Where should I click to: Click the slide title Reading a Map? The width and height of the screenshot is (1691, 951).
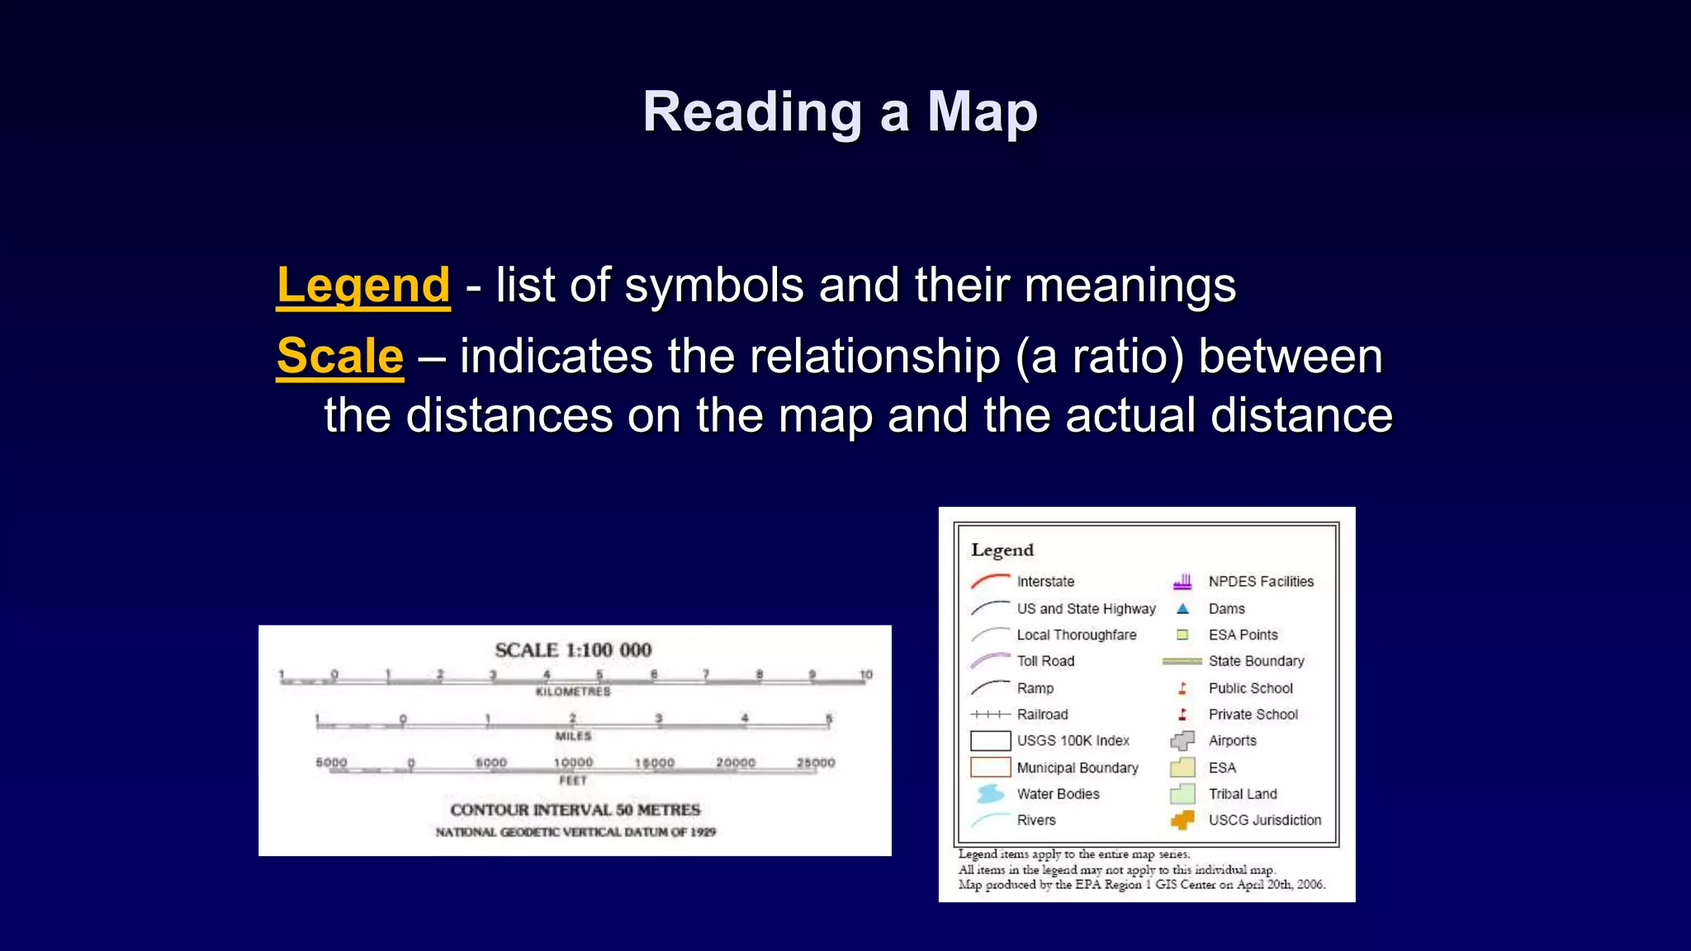click(840, 111)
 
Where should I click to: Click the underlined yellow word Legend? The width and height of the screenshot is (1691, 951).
click(363, 286)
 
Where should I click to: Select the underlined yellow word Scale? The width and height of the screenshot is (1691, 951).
click(340, 356)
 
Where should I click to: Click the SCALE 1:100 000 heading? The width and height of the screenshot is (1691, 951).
click(573, 651)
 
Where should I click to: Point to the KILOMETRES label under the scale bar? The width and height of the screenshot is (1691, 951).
click(573, 692)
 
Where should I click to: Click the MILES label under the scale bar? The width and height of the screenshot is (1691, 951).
click(573, 736)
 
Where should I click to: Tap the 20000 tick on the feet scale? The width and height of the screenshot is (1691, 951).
click(736, 763)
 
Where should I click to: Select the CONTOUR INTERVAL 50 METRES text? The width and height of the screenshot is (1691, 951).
click(575, 810)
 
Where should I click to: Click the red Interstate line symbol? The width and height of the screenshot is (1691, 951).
click(990, 581)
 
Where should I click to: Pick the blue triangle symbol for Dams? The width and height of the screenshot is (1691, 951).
click(1182, 608)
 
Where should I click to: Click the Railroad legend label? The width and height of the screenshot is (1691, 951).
click(1042, 714)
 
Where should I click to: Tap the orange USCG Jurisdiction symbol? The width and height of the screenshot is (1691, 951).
click(1182, 820)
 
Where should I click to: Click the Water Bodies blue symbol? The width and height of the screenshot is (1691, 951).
click(990, 793)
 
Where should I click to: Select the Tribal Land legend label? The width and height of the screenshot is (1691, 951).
click(1243, 793)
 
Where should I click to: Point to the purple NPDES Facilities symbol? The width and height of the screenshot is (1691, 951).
click(1182, 581)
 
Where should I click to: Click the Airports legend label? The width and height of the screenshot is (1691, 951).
click(1232, 740)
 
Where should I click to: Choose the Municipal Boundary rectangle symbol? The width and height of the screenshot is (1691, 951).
click(990, 767)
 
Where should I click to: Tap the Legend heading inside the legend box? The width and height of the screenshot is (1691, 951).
click(1002, 550)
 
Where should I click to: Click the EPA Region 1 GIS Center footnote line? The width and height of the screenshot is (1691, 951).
click(1141, 885)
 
